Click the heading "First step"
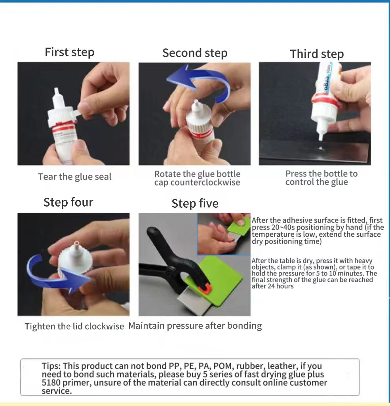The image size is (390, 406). coord(70,52)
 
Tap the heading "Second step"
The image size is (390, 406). coord(195,53)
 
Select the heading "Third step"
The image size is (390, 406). coord(317,54)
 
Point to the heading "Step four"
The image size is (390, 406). coord(68,202)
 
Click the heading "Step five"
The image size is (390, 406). coord(195,203)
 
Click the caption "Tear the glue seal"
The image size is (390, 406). coord(75,177)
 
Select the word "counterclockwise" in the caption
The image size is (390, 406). coord(205,182)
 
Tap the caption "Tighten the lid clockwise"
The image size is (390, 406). coord(74,326)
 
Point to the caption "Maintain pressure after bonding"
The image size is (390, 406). coord(195,326)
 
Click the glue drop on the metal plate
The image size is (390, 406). coord(321,149)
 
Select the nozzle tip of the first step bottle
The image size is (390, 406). coord(56,91)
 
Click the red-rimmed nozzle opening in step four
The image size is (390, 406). coord(76,243)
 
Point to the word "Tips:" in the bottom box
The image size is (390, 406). coord(51,366)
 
